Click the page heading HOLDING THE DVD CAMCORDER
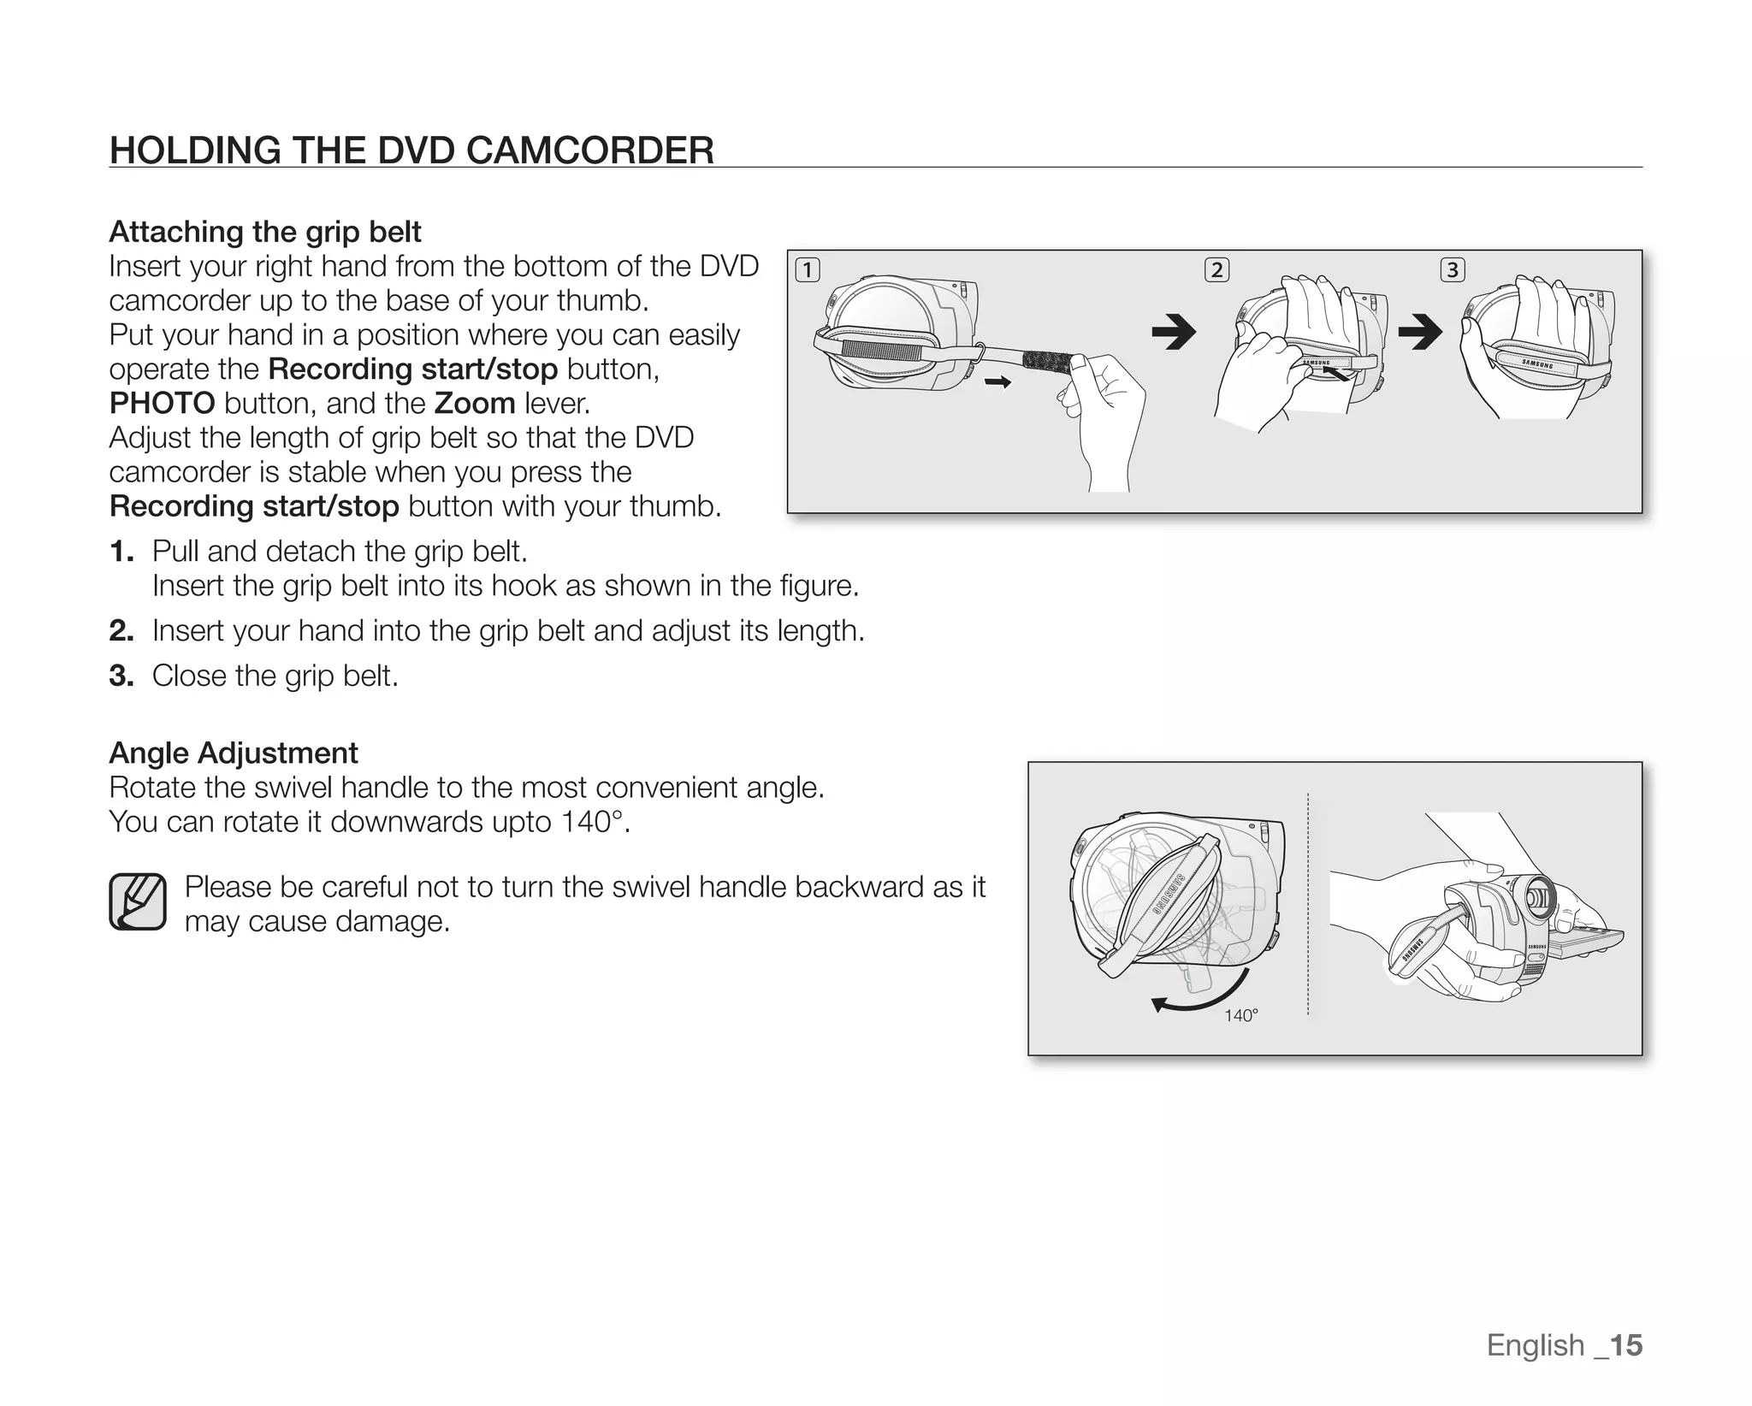[x=411, y=151]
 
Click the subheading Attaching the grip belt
[x=265, y=232]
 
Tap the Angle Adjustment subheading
[x=234, y=753]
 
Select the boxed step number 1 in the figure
[x=807, y=270]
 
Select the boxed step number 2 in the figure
[x=1216, y=270]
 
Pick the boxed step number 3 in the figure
[x=1453, y=270]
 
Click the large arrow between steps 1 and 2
[x=1174, y=332]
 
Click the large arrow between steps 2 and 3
[x=1420, y=332]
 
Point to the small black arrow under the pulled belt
[x=997, y=382]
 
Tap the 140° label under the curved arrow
[x=1240, y=1015]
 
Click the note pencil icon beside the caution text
[x=137, y=901]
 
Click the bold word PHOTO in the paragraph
[x=162, y=403]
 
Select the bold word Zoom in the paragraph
[x=475, y=403]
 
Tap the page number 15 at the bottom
[x=1625, y=1345]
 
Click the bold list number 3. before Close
[x=121, y=676]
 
